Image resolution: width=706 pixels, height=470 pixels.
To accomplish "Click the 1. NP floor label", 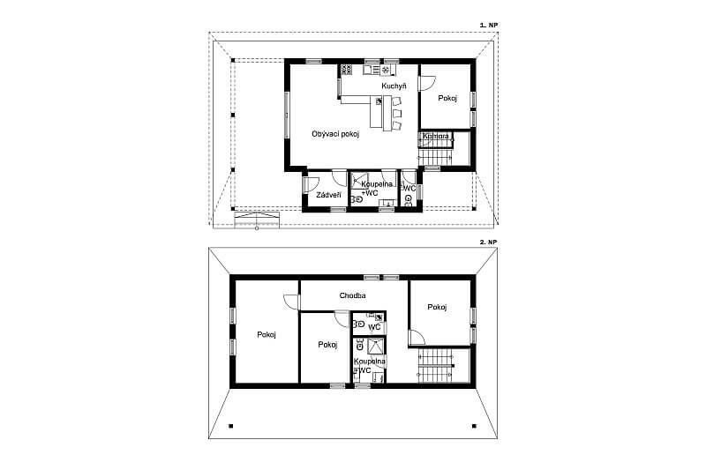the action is [x=489, y=26].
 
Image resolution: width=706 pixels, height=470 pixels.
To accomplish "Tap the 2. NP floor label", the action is [x=489, y=242].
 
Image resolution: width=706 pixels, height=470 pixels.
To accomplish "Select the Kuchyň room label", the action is [x=394, y=86].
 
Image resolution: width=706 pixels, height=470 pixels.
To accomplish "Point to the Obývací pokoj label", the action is [x=335, y=134].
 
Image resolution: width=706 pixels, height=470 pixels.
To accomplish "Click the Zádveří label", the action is [x=328, y=195].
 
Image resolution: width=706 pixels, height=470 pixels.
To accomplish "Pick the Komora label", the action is [x=435, y=136].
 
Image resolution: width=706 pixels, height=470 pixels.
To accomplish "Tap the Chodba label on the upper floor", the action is [x=352, y=295].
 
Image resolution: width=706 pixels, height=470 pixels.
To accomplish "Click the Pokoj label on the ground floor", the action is [x=447, y=98].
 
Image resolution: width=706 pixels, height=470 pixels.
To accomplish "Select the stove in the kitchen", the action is [x=346, y=70].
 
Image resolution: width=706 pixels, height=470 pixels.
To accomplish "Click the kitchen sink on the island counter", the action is [x=379, y=101].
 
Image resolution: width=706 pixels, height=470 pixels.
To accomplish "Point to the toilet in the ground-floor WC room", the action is [x=409, y=199].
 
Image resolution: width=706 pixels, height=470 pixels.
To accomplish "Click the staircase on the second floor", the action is [x=435, y=366].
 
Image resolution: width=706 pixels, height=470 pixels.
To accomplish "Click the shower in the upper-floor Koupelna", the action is [x=376, y=347].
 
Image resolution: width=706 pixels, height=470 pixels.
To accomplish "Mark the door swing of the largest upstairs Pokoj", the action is [x=291, y=302].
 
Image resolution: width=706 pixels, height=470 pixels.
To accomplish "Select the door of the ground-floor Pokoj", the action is [x=427, y=84].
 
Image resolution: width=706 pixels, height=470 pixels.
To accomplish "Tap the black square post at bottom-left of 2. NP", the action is [x=231, y=426].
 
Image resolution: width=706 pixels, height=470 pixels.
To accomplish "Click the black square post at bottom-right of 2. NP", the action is [x=474, y=426].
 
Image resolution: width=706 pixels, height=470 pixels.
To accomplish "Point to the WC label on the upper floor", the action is [x=374, y=327].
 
